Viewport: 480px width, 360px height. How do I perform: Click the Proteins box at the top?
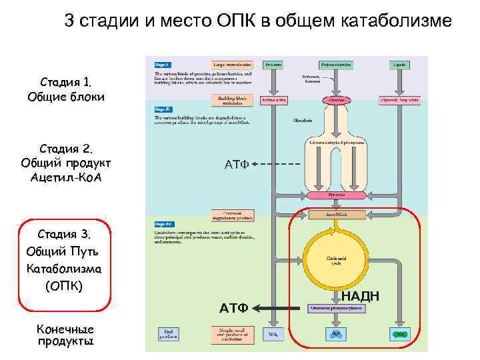click(x=273, y=65)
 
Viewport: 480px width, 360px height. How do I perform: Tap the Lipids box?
click(x=400, y=65)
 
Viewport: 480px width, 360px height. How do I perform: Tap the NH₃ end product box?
click(x=273, y=333)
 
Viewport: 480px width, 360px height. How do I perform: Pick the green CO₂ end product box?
click(x=400, y=333)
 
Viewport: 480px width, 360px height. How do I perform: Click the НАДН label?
click(x=361, y=296)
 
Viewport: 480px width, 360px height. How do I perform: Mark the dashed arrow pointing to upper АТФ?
click(x=277, y=164)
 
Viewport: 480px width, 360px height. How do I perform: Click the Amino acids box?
click(x=273, y=100)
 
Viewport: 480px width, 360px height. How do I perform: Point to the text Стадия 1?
click(x=65, y=83)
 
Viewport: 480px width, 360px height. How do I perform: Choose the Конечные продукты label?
click(x=65, y=335)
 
